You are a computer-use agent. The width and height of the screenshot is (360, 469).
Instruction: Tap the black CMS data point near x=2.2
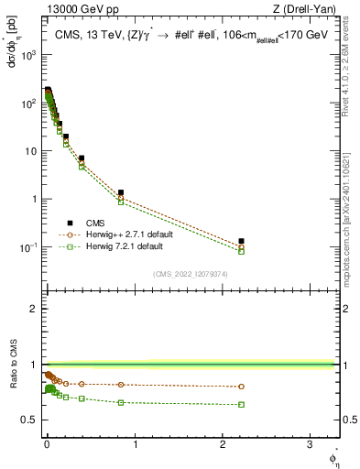pyautogui.click(x=242, y=241)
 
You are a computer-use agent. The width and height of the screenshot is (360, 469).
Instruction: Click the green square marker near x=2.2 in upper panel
pyautogui.click(x=242, y=251)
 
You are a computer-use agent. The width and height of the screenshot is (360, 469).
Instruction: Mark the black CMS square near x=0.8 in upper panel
pyautogui.click(x=121, y=192)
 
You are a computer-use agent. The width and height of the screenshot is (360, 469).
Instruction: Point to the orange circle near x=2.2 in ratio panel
pyautogui.click(x=242, y=387)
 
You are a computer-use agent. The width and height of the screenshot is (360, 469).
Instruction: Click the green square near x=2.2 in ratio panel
pyautogui.click(x=242, y=404)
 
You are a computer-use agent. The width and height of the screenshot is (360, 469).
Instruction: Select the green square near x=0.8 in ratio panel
pyautogui.click(x=121, y=402)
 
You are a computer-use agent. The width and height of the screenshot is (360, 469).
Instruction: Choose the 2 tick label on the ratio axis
pyautogui.click(x=34, y=309)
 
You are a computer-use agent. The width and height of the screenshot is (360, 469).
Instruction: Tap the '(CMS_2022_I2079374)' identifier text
pyautogui.click(x=191, y=273)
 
